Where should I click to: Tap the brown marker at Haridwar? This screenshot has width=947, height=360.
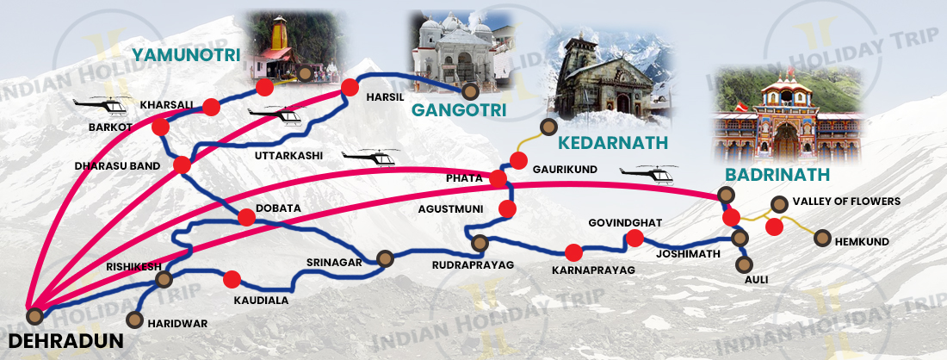134,320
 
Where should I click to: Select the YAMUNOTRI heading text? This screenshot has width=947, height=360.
185,54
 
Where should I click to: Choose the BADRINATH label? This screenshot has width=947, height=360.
777,174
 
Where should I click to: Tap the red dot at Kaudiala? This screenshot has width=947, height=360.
232,279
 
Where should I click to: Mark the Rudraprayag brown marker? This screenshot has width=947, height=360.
480,242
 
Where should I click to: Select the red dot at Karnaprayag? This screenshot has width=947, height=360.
573,252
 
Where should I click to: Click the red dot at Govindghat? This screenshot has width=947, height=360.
635,239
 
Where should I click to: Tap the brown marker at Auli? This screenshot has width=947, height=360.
746,264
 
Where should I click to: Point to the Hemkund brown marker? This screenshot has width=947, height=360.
821,238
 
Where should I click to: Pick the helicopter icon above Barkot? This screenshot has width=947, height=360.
102,105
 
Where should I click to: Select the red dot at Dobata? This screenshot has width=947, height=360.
247,219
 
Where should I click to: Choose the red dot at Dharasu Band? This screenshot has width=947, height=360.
182,164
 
